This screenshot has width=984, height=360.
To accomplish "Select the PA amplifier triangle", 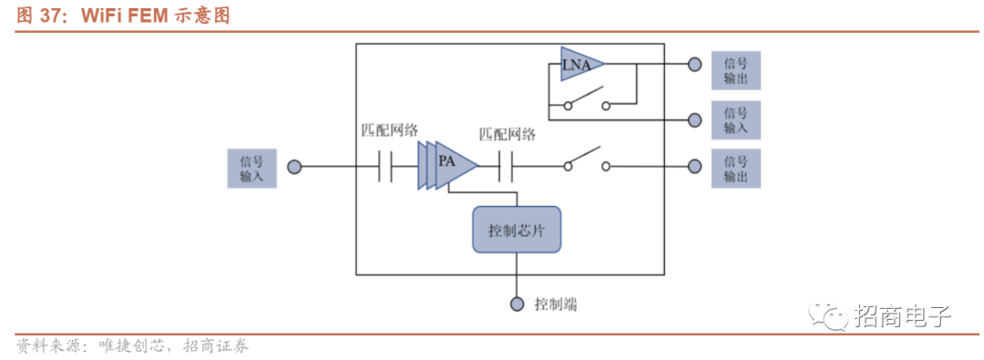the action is pyautogui.click(x=448, y=165).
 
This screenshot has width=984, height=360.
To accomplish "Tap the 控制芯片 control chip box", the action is pyautogui.click(x=516, y=230).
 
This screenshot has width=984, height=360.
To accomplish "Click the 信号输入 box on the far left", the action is pyautogui.click(x=251, y=168).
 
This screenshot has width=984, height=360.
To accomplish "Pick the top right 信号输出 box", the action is pyautogui.click(x=735, y=70).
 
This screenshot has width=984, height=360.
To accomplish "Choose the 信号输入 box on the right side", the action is pyautogui.click(x=735, y=120).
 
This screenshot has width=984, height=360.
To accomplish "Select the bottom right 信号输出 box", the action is pyautogui.click(x=735, y=168).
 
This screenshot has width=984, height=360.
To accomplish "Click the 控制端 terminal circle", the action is pyautogui.click(x=517, y=304).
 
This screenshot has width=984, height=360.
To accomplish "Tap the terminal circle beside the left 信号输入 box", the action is pyautogui.click(x=294, y=167).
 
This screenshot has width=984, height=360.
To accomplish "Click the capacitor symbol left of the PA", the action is pyautogui.click(x=384, y=167).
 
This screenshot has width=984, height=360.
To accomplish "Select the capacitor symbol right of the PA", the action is pyautogui.click(x=505, y=167).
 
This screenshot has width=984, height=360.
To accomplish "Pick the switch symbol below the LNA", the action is pyautogui.click(x=587, y=100).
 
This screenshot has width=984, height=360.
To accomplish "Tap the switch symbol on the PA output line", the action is pyautogui.click(x=587, y=160).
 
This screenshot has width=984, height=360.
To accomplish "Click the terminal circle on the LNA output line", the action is pyautogui.click(x=694, y=64).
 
